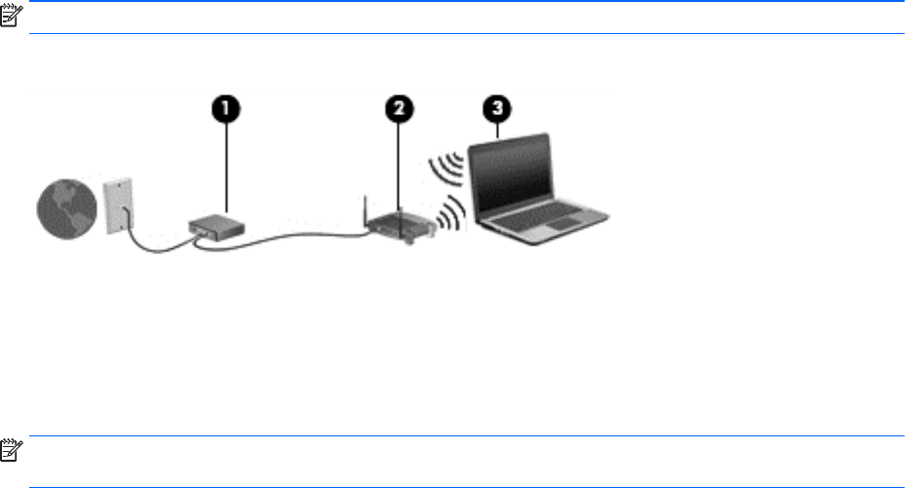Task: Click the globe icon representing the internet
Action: tap(66, 209)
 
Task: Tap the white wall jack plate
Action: tap(119, 206)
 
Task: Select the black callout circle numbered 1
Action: tap(226, 109)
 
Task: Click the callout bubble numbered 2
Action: tap(399, 109)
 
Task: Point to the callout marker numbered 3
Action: tap(497, 109)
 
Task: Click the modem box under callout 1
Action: tap(216, 227)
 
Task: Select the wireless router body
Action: tap(402, 226)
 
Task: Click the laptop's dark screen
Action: tap(510, 173)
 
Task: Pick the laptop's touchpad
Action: tap(562, 223)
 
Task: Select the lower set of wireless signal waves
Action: tap(452, 213)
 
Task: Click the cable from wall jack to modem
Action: tap(153, 244)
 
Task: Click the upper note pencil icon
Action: tap(11, 15)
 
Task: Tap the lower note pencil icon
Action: tap(11, 450)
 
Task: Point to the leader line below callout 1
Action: tap(226, 169)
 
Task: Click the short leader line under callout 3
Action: tap(497, 131)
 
